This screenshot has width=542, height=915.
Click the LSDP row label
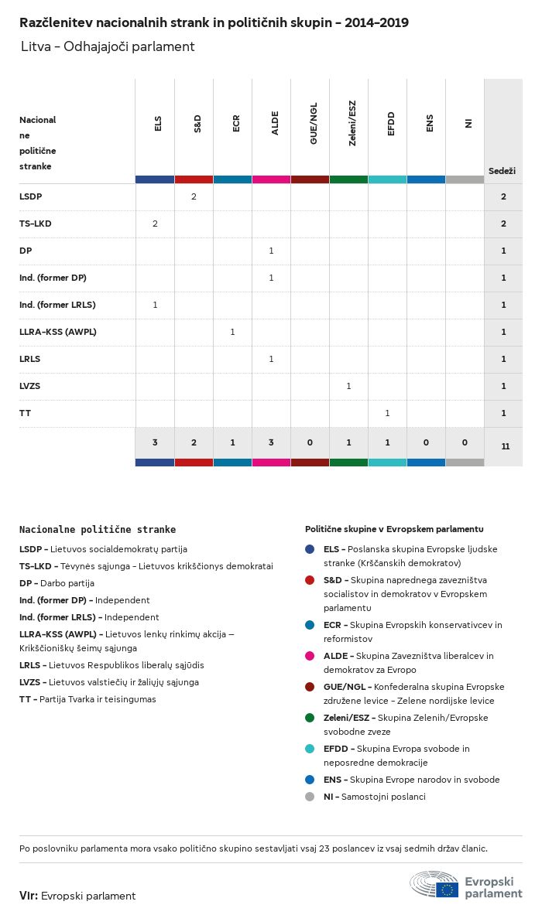tap(30, 196)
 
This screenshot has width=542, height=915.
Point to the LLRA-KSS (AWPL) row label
tap(57, 332)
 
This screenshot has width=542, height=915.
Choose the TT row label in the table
tap(25, 413)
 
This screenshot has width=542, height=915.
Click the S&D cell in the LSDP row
tap(194, 196)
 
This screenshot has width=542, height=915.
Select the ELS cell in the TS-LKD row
tap(155, 224)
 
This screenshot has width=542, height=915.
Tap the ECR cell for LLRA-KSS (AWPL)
tap(232, 332)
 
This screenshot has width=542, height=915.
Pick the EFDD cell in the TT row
tap(387, 413)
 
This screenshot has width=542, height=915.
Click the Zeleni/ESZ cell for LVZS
tap(348, 386)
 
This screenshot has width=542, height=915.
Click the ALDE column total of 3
tap(271, 442)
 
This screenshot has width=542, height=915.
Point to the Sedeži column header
tap(502, 170)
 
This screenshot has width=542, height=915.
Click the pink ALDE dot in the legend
tap(310, 656)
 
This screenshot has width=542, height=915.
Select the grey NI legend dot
tap(310, 797)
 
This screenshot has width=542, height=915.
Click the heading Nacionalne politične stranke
tap(97, 530)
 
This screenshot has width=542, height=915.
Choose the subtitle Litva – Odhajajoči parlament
tap(108, 47)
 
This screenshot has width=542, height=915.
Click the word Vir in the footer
tap(29, 896)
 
